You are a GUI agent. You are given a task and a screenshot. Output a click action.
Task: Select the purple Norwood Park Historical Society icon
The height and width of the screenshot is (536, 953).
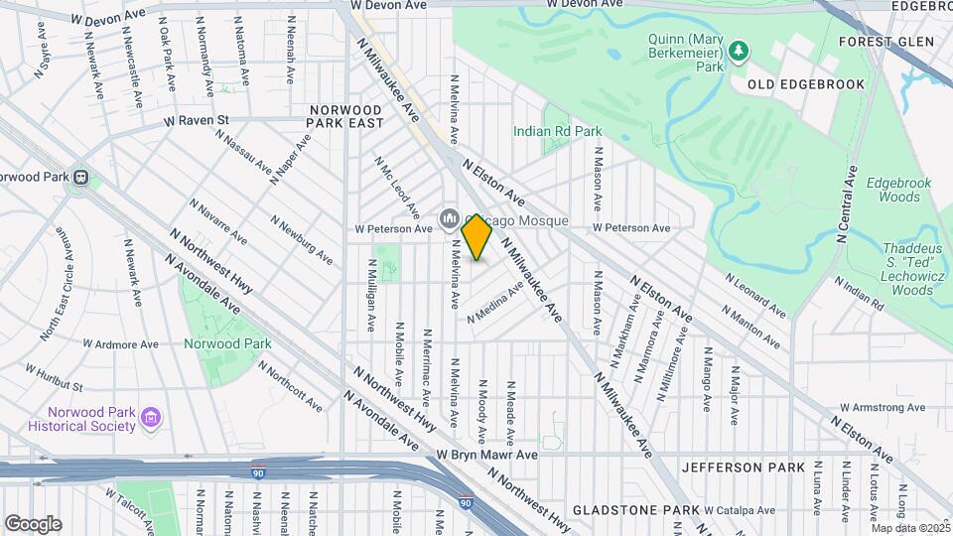click(x=150, y=417)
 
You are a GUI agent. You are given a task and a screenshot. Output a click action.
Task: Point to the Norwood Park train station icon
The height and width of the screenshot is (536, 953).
click(x=82, y=179)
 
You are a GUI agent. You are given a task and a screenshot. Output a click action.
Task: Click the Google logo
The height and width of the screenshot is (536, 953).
click(x=33, y=523)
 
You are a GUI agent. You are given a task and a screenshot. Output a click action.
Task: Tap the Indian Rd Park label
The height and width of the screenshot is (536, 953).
click(x=557, y=131)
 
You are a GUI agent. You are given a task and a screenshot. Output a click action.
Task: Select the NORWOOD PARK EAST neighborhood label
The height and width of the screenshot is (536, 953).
click(x=345, y=116)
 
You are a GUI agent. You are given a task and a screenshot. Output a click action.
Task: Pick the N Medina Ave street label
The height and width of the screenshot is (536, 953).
click(x=495, y=302)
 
